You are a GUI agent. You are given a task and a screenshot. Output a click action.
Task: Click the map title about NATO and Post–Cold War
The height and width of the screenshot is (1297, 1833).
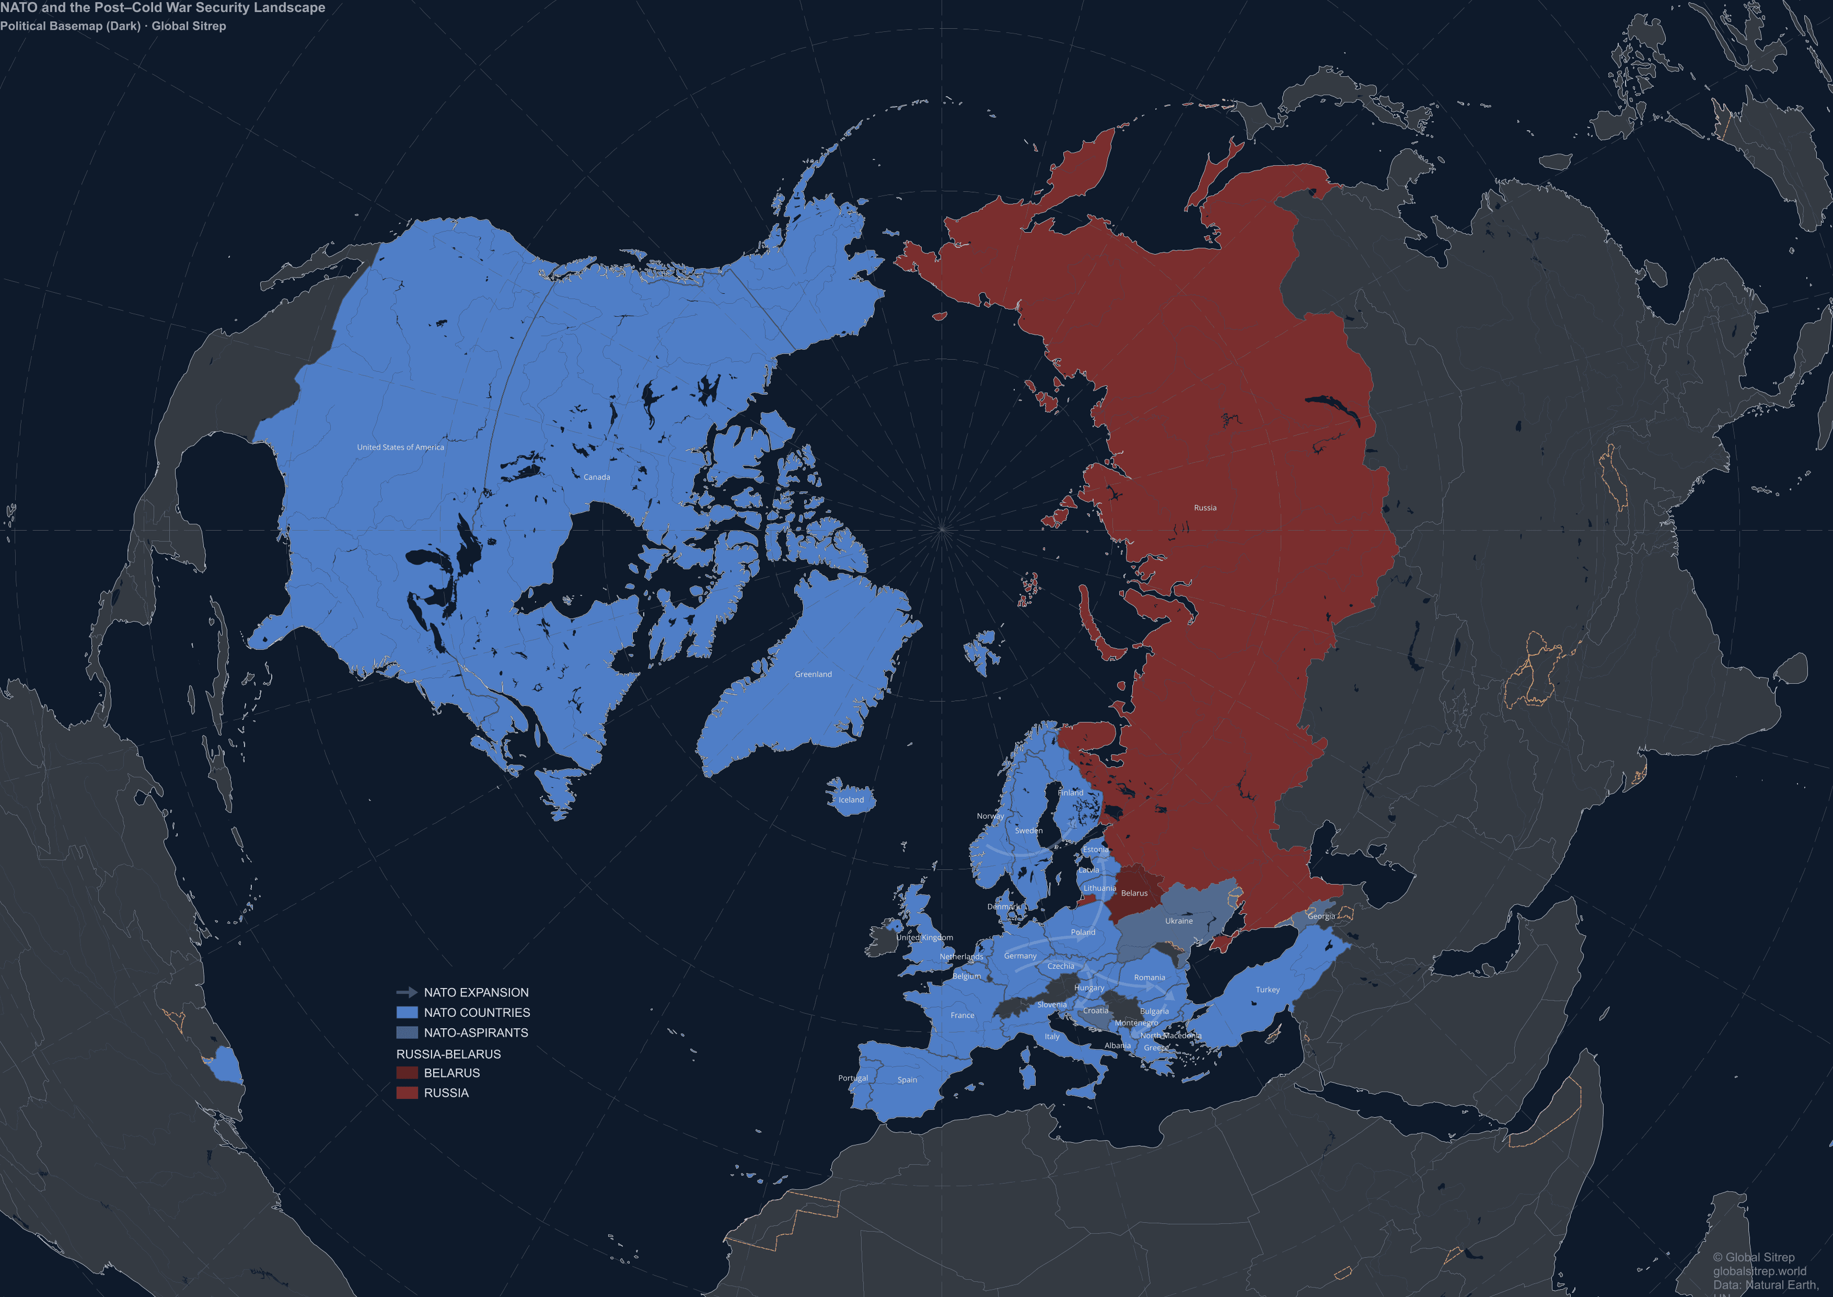coord(163,8)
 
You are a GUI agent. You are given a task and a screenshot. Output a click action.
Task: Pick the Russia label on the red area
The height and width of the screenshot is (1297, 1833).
coord(1205,508)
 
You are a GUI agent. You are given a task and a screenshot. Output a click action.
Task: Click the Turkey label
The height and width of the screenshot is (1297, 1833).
coord(1267,990)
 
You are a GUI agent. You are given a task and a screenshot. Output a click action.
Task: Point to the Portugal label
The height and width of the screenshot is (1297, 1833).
coord(853,1078)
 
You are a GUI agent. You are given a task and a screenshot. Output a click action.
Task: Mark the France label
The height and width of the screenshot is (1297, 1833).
coord(962,1016)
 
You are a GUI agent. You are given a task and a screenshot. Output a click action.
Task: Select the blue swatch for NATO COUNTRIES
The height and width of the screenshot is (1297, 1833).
coord(407,1013)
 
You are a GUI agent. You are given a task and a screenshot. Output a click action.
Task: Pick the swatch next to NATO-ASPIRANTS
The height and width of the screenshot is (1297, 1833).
coord(407,1032)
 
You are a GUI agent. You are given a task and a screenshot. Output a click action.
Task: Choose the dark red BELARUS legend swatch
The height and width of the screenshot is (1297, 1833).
coord(407,1073)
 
